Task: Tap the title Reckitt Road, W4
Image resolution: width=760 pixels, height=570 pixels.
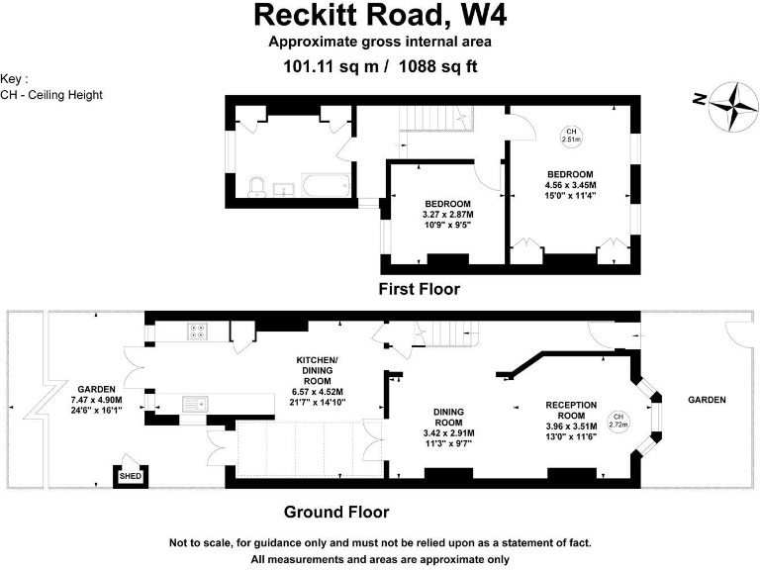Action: [380, 15]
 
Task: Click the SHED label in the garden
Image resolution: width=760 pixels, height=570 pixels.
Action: [131, 476]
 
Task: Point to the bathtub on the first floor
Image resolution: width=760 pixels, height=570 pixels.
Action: [324, 184]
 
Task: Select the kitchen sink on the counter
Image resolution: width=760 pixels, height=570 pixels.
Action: [196, 402]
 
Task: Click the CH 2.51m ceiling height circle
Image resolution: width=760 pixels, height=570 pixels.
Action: [570, 136]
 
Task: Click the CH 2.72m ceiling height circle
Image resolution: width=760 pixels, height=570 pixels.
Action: [619, 421]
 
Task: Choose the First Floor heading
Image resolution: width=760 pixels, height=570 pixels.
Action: [420, 289]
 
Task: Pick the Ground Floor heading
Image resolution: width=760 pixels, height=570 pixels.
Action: [335, 512]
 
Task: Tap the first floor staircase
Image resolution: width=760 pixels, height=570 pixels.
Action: [431, 116]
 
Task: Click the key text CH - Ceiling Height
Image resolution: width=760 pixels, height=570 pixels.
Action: [51, 95]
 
